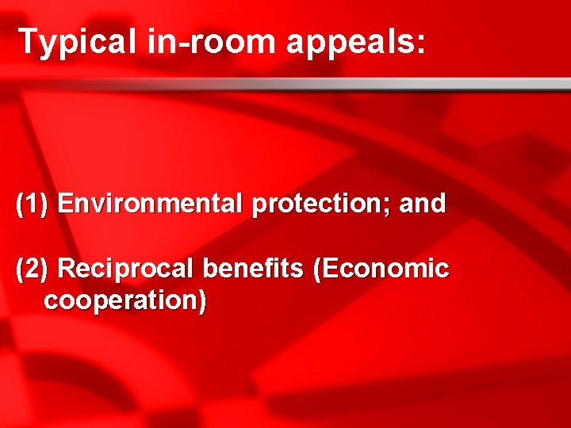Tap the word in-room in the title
[211, 41]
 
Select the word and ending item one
[422, 204]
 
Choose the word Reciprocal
[126, 269]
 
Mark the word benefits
[252, 269]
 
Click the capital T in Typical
[29, 41]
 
